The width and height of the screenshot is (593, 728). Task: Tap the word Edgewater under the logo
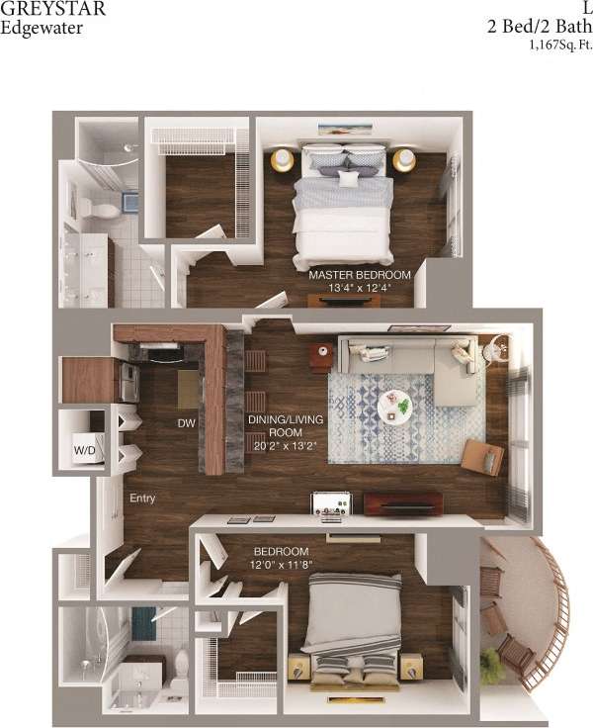(x=42, y=28)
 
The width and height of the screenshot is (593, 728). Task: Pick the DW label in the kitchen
(x=186, y=422)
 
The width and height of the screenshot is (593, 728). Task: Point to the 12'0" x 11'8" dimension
(x=282, y=565)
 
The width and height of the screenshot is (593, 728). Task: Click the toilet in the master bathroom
(x=87, y=208)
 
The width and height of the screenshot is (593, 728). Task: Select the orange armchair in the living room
(x=483, y=456)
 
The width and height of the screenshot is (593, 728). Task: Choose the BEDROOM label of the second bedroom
(x=282, y=551)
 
